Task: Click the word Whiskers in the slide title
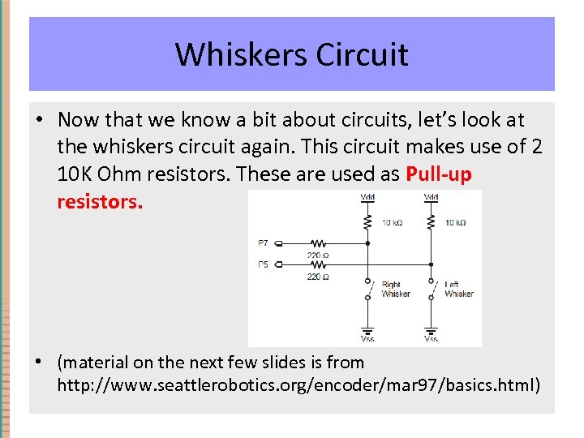(x=241, y=54)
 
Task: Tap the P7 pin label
(x=263, y=243)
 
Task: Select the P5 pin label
(x=263, y=264)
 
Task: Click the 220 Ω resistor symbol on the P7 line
(x=318, y=243)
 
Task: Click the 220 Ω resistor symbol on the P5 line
(x=318, y=264)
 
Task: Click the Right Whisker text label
(x=396, y=289)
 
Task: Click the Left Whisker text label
(x=459, y=289)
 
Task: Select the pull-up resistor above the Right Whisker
(x=368, y=221)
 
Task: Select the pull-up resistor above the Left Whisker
(x=431, y=221)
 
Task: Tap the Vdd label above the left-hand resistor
(x=368, y=196)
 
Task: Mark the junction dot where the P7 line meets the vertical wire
(x=368, y=243)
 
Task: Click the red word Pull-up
(x=439, y=174)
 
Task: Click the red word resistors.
(x=100, y=201)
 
